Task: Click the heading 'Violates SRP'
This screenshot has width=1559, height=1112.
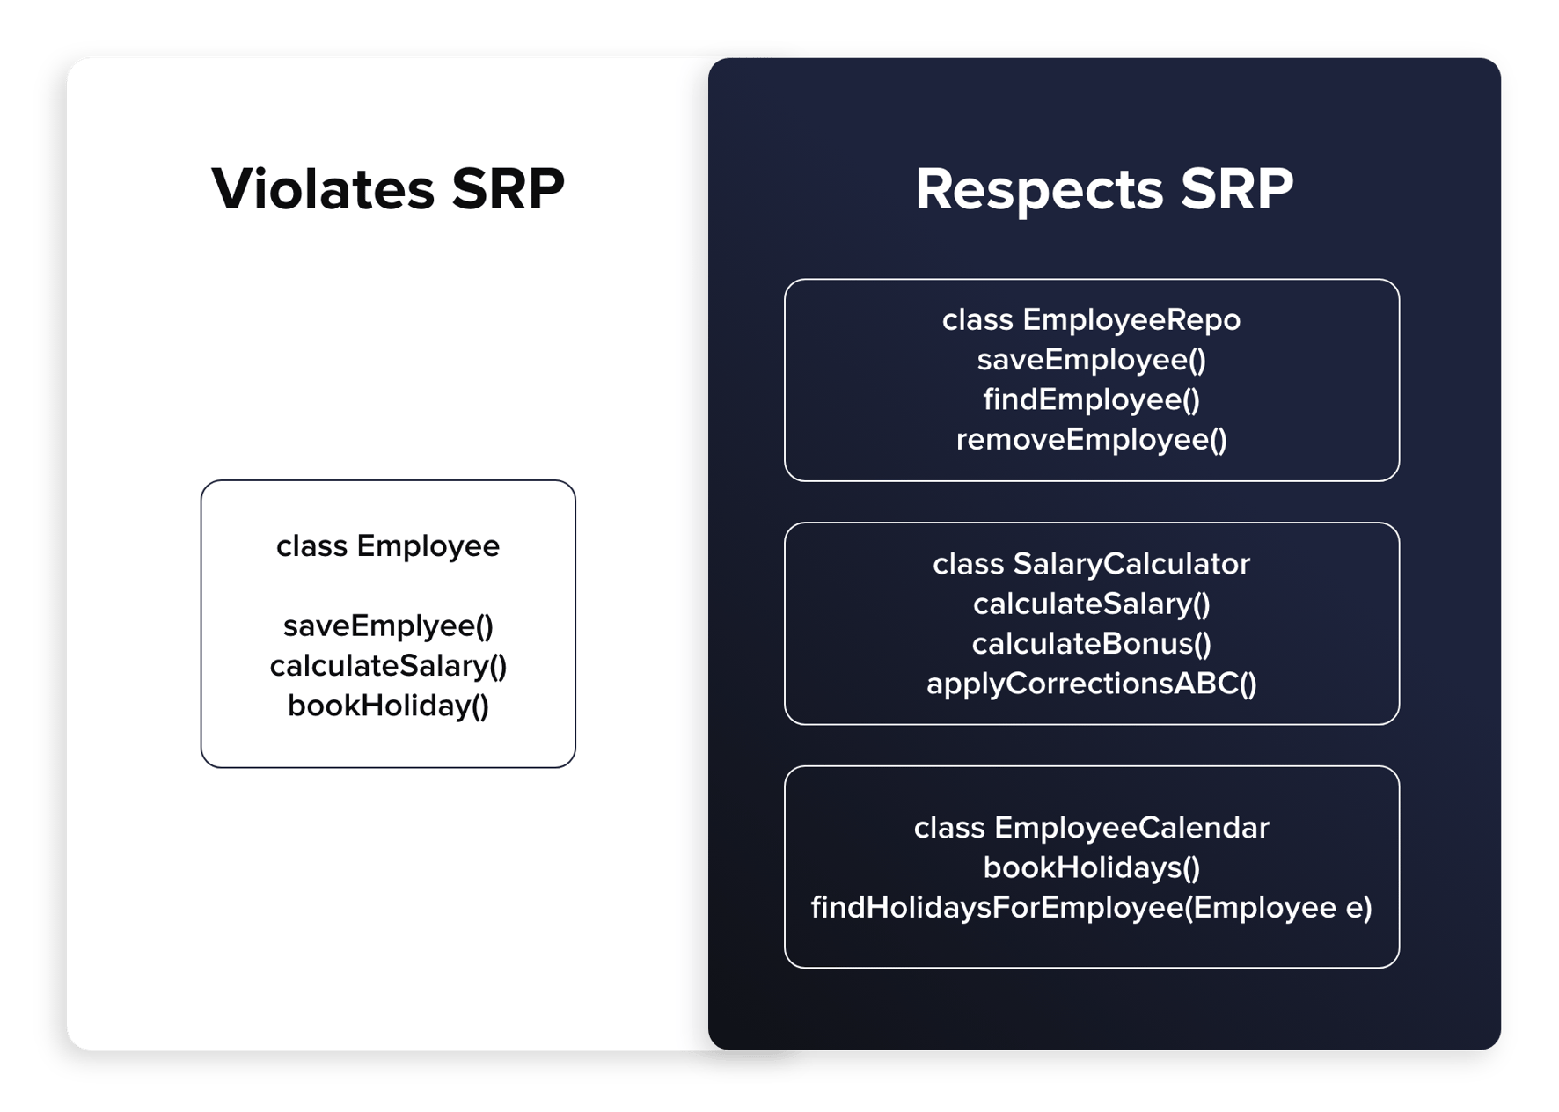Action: click(x=388, y=188)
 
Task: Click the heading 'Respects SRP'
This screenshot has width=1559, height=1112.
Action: click(x=1104, y=189)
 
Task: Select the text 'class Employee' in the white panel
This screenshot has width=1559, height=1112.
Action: click(x=388, y=546)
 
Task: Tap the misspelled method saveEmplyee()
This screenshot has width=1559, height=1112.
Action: click(x=388, y=626)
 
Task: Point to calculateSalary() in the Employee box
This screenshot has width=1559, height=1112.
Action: click(x=388, y=666)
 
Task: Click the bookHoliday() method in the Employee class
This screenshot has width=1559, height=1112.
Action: click(x=388, y=706)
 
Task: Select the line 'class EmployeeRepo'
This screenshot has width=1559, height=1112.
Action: click(x=1091, y=320)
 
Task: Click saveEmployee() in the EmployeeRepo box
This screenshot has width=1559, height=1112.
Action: click(x=1091, y=360)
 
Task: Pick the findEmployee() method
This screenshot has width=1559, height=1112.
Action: click(x=1091, y=400)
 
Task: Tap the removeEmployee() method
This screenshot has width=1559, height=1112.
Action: click(x=1091, y=440)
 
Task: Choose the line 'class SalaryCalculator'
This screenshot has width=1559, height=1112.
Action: click(x=1091, y=564)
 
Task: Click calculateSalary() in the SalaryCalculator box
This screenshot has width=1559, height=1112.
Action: click(x=1091, y=604)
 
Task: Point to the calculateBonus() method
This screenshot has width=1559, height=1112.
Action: click(x=1091, y=644)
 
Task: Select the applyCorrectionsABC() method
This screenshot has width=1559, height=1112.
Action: click(x=1091, y=684)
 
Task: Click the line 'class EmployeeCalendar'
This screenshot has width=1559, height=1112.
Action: click(x=1091, y=828)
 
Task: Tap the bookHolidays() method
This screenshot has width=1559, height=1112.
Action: click(x=1091, y=868)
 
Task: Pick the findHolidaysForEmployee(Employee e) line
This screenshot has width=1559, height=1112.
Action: click(x=1091, y=908)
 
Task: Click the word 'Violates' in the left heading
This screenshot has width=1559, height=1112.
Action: click(x=323, y=188)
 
